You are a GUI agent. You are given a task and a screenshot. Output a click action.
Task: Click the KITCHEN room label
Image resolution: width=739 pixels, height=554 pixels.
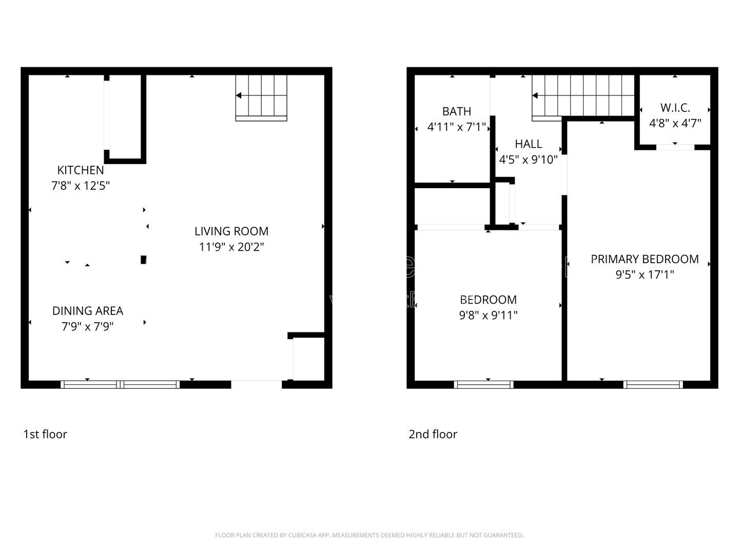click(x=81, y=170)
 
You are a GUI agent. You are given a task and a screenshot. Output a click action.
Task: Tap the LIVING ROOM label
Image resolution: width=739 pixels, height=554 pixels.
click(x=231, y=231)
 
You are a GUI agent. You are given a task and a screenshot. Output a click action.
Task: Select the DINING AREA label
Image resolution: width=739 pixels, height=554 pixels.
click(x=88, y=311)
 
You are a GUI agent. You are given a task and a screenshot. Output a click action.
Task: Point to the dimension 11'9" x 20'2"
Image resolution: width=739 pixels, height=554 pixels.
click(x=231, y=247)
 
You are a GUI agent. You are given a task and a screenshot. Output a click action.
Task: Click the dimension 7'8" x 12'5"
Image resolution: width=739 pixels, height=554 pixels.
click(x=81, y=186)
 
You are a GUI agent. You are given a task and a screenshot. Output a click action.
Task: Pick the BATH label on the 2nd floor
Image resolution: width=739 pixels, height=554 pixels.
click(x=457, y=111)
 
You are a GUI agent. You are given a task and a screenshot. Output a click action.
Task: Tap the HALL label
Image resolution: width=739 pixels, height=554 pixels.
click(x=528, y=144)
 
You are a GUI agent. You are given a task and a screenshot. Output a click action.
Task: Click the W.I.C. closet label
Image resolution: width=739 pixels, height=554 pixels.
click(x=675, y=108)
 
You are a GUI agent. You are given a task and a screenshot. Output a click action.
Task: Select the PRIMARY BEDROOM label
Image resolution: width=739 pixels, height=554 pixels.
click(x=645, y=259)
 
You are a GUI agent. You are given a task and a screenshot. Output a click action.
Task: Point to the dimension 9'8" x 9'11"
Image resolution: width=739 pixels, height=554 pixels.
click(x=488, y=315)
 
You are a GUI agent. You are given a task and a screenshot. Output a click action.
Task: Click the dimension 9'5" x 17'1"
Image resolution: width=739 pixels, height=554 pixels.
click(x=645, y=275)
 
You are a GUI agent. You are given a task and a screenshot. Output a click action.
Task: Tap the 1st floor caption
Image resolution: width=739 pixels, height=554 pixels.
click(x=45, y=434)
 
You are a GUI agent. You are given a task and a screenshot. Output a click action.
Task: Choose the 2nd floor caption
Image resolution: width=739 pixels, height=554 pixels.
click(x=433, y=434)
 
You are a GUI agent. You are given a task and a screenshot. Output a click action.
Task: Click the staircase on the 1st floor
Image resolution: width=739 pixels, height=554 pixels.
click(x=261, y=97)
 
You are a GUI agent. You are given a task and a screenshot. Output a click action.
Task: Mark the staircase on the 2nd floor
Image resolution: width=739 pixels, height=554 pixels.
click(x=584, y=96)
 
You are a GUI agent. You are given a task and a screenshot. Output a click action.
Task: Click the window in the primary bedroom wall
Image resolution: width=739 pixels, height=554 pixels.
click(x=653, y=384)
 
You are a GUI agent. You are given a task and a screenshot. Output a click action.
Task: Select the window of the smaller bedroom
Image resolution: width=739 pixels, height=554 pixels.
click(x=484, y=384)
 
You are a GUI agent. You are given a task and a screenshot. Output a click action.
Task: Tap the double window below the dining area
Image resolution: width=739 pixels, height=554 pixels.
click(x=120, y=384)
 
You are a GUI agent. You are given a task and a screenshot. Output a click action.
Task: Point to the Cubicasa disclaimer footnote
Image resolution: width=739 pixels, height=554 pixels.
click(x=369, y=536)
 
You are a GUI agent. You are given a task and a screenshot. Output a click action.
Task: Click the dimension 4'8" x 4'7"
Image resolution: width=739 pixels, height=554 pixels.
click(x=675, y=124)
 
